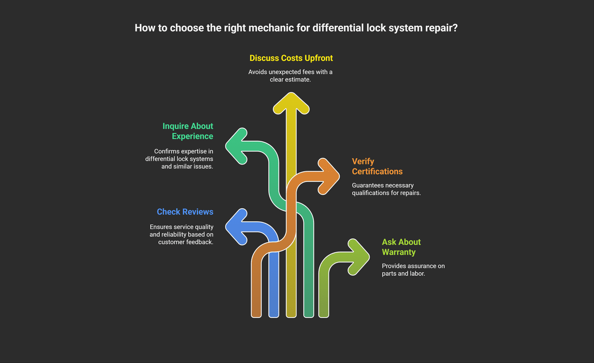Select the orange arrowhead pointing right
tap(329, 176)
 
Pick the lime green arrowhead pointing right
tap(358, 256)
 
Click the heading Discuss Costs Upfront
tap(291, 58)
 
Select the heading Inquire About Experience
tap(187, 131)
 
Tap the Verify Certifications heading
tap(377, 166)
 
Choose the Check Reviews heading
tap(185, 211)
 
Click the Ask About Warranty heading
tap(401, 247)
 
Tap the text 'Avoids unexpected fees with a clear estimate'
tap(290, 76)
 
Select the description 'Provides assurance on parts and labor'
tap(413, 270)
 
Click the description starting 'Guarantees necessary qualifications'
tap(386, 189)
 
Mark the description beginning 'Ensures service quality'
tap(181, 234)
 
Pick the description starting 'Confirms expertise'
tap(179, 159)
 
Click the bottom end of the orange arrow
tap(256, 312)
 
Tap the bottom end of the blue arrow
tap(274, 312)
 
